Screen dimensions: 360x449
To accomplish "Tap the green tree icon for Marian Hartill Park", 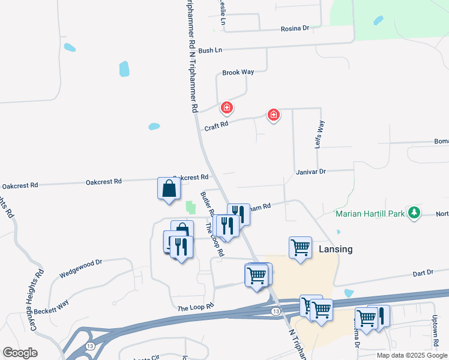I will coord(414,213).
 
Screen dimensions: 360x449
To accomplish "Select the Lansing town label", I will coord(336,249).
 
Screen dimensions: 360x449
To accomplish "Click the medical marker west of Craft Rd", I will coord(227,108).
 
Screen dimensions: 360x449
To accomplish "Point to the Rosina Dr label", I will coord(295,28).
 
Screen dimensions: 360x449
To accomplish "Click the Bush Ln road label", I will coord(210,50).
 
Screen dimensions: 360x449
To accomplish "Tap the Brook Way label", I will coord(238,72).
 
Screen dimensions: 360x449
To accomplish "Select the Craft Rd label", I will coord(217,126).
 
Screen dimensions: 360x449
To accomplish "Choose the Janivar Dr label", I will coord(310,172).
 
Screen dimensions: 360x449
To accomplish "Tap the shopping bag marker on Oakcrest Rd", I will coord(169,188).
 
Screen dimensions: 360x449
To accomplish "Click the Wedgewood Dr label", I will coord(82,268).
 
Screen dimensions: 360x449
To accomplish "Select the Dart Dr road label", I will coord(423,273).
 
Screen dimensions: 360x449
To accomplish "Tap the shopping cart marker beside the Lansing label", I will coord(300,247).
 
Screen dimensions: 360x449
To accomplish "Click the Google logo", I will coord(20,353).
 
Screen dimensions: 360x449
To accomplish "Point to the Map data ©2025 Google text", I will coord(412,355).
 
